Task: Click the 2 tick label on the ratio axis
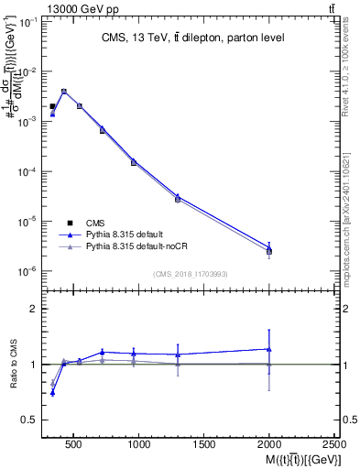tap(34, 309)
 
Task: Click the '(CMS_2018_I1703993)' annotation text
tap(191, 274)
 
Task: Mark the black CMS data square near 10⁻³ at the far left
tap(52, 107)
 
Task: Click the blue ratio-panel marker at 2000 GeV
tap(269, 348)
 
